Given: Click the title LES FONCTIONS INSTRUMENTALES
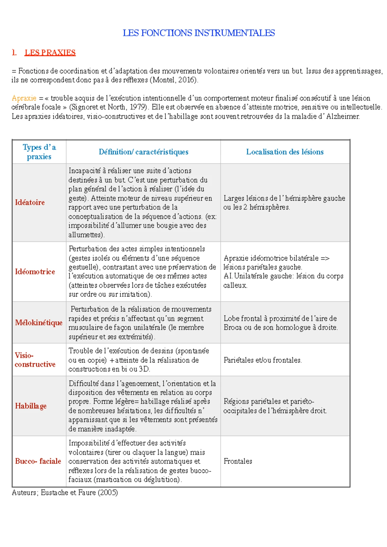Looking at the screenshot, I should click(x=199, y=33).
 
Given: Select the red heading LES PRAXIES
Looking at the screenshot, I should click(x=50, y=53).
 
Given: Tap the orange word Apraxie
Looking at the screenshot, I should click(x=24, y=98).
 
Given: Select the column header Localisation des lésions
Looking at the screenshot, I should click(x=285, y=152).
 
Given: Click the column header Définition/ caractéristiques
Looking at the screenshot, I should click(x=144, y=152).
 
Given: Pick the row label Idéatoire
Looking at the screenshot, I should click(x=30, y=202).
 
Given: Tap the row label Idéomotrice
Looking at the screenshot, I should click(x=35, y=272).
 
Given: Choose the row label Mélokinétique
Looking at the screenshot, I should click(x=39, y=323).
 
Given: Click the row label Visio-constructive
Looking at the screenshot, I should click(x=35, y=360).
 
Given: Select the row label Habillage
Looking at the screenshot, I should click(x=31, y=406).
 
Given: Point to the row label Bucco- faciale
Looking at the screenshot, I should click(x=38, y=461).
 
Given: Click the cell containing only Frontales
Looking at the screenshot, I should click(x=238, y=461).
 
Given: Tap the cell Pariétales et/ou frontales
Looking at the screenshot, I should click(x=263, y=360).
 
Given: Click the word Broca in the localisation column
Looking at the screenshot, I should click(x=232, y=327).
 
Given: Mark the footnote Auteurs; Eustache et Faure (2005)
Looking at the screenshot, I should click(x=64, y=492).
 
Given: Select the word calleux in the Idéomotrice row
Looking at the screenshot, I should click(x=235, y=285).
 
